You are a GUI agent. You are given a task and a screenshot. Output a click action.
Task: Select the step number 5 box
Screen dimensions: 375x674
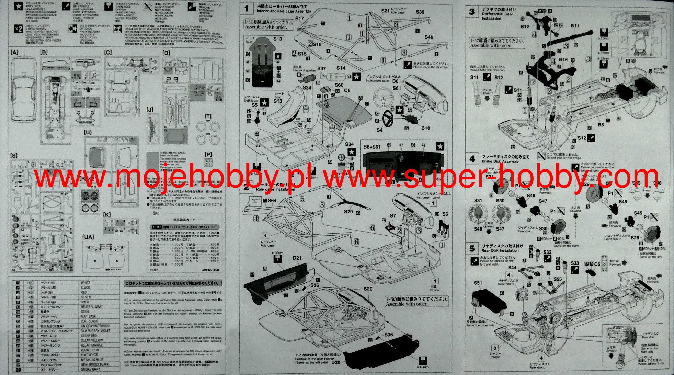pos(472,248)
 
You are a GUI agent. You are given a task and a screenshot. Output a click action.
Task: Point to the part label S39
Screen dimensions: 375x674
pos(420,12)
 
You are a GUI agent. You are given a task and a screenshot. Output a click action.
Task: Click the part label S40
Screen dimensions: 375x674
pos(429,37)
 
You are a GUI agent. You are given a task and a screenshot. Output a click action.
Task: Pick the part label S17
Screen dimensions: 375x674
pos(299,19)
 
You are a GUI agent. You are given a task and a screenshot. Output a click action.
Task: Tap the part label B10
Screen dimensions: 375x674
pos(425,128)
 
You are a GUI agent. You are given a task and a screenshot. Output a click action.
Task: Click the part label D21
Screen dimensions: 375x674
pos(297,258)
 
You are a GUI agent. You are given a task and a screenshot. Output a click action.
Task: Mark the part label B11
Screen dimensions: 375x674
pos(575,26)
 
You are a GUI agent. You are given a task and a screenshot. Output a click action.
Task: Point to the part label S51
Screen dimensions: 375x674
pos(478,283)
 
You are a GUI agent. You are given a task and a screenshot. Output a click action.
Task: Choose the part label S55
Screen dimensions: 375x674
pos(558,279)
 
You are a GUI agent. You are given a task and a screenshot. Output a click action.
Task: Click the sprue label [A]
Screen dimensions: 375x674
pos(14,52)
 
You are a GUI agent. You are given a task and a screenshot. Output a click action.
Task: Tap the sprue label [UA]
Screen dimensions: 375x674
pos(88,237)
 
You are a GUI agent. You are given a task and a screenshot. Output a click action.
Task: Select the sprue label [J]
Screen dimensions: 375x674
pos(149,110)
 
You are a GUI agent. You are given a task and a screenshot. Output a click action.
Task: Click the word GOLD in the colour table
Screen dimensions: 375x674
pos(85,302)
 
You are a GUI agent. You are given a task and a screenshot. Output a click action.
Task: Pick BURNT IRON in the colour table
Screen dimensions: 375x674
pos(90,350)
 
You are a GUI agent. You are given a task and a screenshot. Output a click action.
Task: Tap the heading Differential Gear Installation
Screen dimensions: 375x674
pos(497,16)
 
